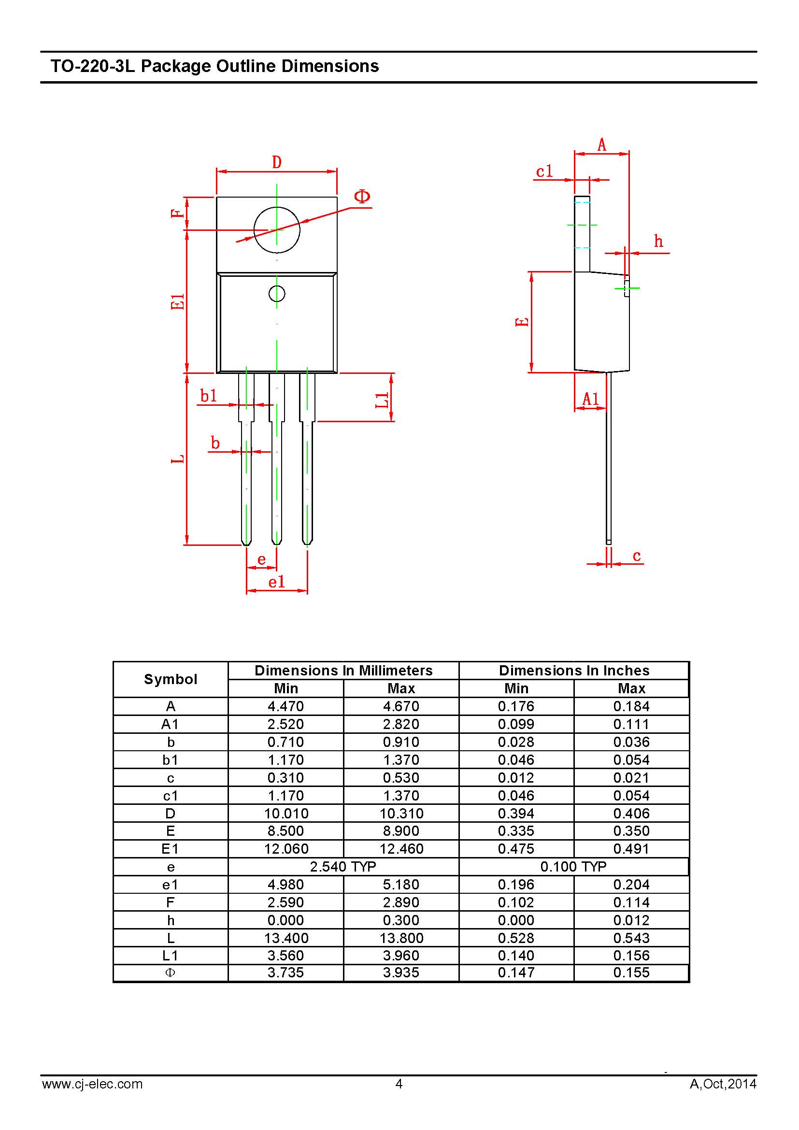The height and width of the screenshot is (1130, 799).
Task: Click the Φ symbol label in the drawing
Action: point(362,197)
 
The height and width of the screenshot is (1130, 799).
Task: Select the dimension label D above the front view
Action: point(277,162)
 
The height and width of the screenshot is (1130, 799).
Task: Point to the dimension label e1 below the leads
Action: point(276,582)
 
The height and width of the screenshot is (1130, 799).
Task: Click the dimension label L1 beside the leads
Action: point(382,400)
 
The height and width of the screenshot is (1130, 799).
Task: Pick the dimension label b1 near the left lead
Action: point(209,395)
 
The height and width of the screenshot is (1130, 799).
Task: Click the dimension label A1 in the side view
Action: point(590,399)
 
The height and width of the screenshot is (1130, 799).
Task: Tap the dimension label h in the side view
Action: point(659,241)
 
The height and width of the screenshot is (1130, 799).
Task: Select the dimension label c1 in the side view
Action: point(544,172)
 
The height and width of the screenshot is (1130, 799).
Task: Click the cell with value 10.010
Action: point(286,813)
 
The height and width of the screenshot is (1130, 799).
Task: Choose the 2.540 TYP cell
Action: point(343,866)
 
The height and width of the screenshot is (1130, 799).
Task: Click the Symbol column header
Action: point(170,679)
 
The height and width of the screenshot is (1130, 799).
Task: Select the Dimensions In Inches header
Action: point(574,671)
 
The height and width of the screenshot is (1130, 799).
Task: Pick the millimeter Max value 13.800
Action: point(401,938)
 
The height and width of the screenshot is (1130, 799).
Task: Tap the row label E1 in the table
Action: point(170,848)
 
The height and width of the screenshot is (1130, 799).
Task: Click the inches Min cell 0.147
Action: point(516,973)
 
